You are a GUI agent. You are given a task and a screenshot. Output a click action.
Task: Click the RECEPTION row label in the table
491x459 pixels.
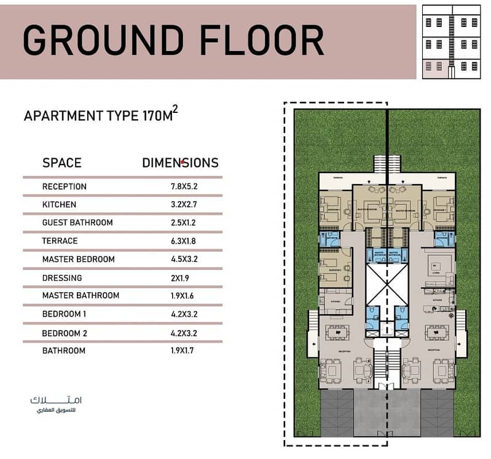pyautogui.click(x=65, y=187)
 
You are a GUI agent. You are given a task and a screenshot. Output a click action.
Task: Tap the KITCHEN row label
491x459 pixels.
pyautogui.click(x=59, y=204)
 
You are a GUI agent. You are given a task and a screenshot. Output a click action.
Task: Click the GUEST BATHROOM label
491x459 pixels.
pyautogui.click(x=77, y=223)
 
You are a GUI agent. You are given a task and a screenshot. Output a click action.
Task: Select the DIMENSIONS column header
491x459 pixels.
pyautogui.click(x=180, y=163)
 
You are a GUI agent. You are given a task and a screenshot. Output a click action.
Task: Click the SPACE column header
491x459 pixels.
pyautogui.click(x=61, y=163)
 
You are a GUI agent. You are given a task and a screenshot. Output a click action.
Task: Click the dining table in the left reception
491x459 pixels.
pyautogui.click(x=335, y=332)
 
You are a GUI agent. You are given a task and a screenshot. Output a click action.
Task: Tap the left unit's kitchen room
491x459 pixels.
pyautogui.click(x=334, y=302)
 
